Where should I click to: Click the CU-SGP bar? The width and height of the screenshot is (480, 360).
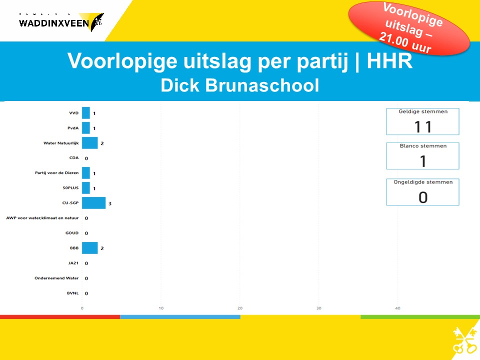(93, 203)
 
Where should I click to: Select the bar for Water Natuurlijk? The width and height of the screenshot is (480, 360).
(89, 143)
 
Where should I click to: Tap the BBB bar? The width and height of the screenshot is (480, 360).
(89, 248)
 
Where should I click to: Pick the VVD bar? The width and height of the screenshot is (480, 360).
(86, 113)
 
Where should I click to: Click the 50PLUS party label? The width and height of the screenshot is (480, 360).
(70, 188)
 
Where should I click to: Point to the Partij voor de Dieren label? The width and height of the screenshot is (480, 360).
(56, 173)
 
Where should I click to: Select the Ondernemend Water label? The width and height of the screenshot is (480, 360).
(56, 278)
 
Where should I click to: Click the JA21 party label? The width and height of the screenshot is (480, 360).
(73, 263)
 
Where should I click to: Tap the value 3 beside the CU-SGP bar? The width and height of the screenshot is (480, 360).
(110, 203)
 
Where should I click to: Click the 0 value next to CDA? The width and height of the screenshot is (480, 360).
(86, 158)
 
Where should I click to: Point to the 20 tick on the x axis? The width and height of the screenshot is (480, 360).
(240, 308)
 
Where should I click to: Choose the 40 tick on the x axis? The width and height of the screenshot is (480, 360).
(397, 308)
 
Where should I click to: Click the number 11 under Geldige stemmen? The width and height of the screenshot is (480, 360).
(423, 126)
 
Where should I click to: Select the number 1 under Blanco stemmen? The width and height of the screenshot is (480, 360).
(423, 161)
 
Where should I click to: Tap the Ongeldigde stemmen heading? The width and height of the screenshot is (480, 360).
(423, 182)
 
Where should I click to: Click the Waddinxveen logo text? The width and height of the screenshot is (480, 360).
(54, 23)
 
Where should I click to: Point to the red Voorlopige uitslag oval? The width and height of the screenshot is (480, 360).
(409, 28)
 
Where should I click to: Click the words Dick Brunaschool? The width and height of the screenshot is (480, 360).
(239, 85)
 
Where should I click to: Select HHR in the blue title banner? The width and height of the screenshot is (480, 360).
(389, 60)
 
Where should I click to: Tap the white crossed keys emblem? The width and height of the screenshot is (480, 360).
(465, 340)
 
